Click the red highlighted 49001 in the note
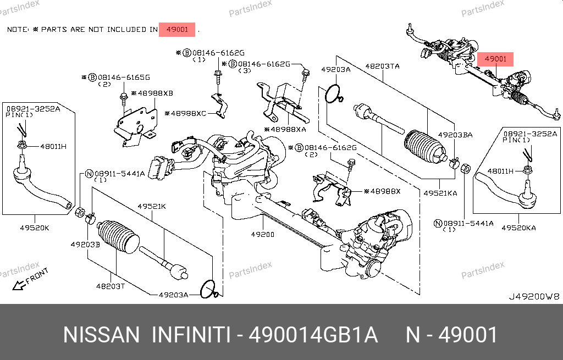pyautogui.click(x=177, y=29)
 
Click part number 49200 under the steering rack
pyautogui.click(x=262, y=235)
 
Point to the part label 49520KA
pyautogui.click(x=519, y=227)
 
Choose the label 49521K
pyautogui.click(x=151, y=207)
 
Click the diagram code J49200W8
pyautogui.click(x=533, y=296)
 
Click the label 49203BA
pyautogui.click(x=455, y=135)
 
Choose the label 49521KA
pyautogui.click(x=440, y=193)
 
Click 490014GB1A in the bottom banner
pyautogui.click(x=313, y=335)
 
